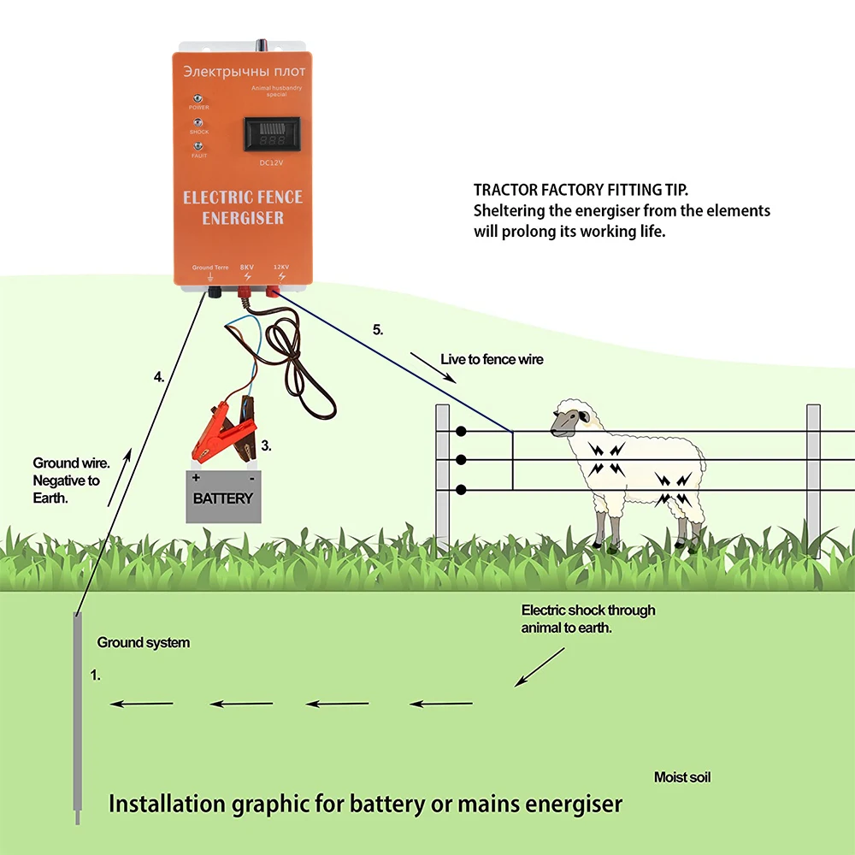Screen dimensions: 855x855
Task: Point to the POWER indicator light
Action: click(198, 99)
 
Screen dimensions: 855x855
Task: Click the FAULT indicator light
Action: click(198, 147)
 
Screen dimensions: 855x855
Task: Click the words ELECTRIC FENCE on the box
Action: click(243, 198)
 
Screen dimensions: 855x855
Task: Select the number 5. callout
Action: click(378, 328)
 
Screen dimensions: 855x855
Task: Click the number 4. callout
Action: click(159, 376)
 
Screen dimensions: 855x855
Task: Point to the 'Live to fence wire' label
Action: click(492, 359)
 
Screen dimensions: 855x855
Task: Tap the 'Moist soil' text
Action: click(682, 777)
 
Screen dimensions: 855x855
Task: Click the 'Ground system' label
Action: click(143, 642)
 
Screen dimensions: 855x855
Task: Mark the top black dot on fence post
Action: click(461, 432)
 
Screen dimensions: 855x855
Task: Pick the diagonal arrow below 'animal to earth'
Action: click(540, 667)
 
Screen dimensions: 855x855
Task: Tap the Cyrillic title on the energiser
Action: click(244, 69)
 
